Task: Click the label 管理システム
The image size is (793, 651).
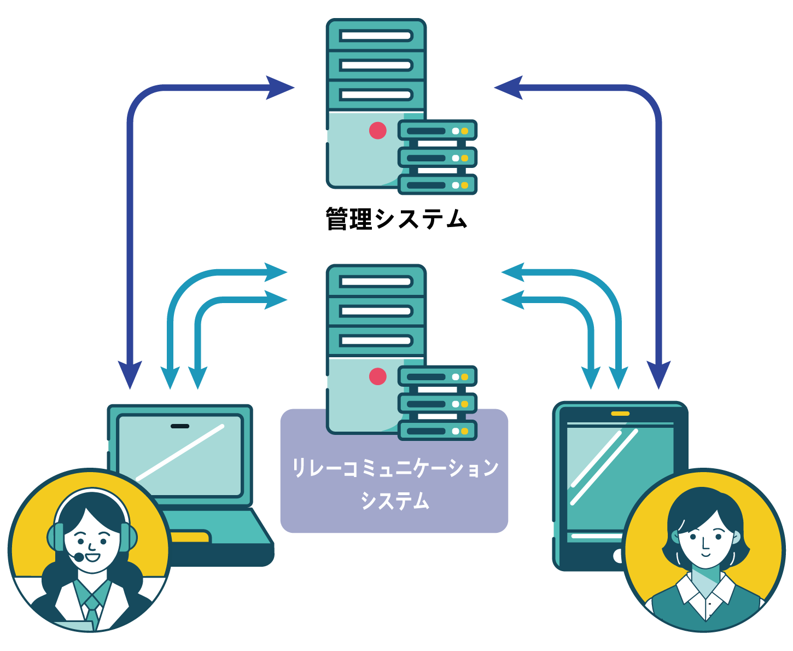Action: pos(396,218)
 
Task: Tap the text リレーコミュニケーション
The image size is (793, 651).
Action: pos(395,468)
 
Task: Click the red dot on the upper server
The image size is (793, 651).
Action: pos(377,131)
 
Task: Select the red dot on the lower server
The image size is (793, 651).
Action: pos(377,376)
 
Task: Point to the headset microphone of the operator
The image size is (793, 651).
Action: pos(79,556)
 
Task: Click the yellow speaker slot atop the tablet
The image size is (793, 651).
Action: pos(620,414)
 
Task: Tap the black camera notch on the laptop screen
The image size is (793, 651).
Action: pos(180,426)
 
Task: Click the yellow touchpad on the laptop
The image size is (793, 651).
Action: pos(190,536)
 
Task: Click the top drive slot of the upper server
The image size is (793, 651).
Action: pos(376,36)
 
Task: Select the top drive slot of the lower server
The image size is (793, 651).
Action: pos(376,281)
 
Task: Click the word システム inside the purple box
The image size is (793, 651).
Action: pos(395,501)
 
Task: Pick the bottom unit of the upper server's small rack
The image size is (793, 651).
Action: pos(438,185)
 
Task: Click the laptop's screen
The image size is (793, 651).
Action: pos(180,456)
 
